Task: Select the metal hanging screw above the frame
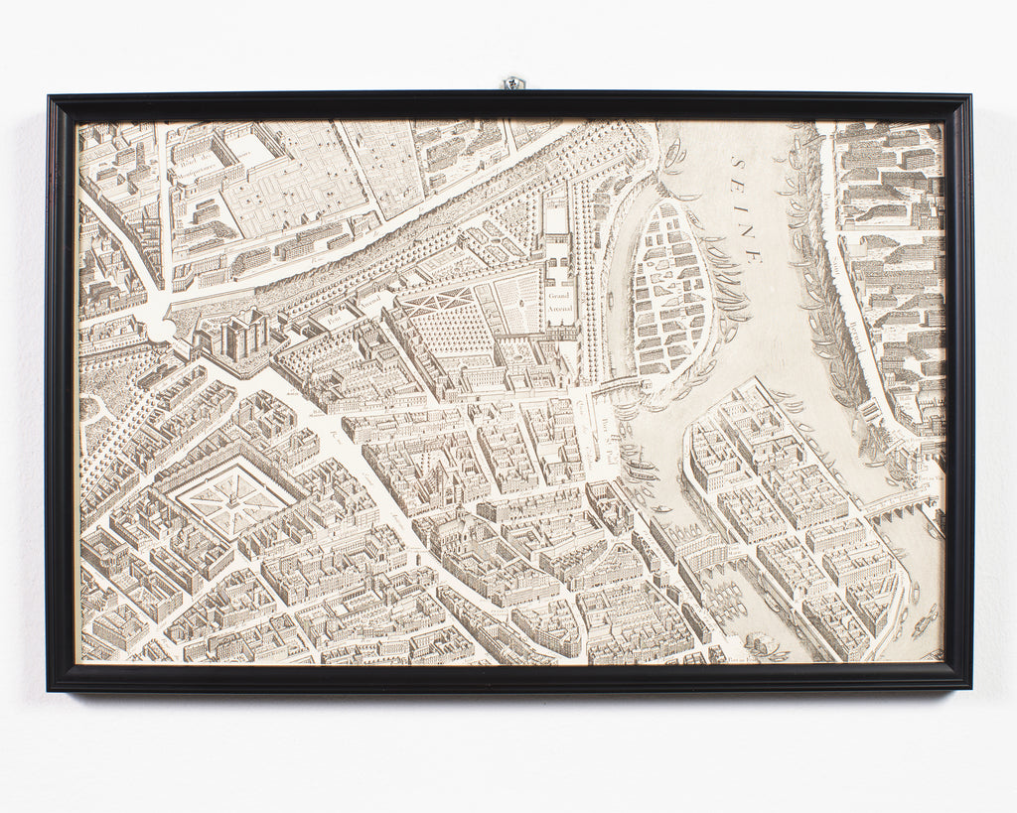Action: point(512,83)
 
